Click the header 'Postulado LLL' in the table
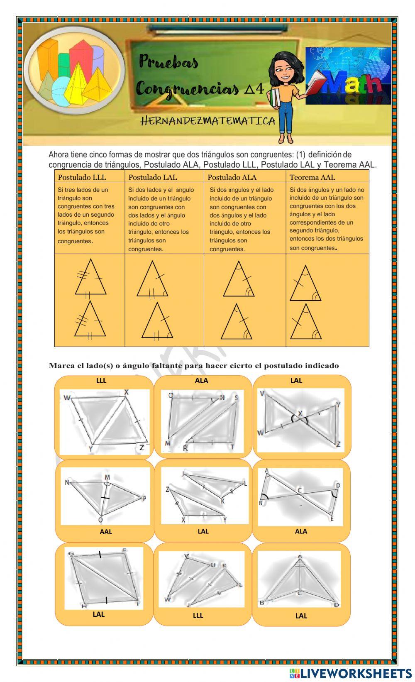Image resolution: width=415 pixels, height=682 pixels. point(82,177)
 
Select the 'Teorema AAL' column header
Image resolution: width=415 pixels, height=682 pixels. point(312,177)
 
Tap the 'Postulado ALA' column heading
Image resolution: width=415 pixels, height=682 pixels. point(232,177)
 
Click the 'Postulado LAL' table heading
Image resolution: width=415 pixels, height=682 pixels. point(153,177)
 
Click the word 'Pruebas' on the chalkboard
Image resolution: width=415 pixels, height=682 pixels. point(168,63)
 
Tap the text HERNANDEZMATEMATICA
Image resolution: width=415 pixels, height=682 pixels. point(208,121)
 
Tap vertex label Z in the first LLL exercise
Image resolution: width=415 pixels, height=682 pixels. point(142,447)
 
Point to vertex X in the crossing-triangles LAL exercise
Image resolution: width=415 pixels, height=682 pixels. point(300,413)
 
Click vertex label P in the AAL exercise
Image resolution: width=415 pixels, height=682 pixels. point(144,499)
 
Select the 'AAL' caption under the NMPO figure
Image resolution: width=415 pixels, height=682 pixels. point(106,531)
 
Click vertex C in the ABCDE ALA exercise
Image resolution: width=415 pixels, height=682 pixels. point(300,490)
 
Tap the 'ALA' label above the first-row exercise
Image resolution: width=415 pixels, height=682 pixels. point(201,380)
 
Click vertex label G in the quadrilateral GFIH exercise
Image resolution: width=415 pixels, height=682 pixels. point(71,553)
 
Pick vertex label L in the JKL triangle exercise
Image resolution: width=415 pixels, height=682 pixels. point(245,483)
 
